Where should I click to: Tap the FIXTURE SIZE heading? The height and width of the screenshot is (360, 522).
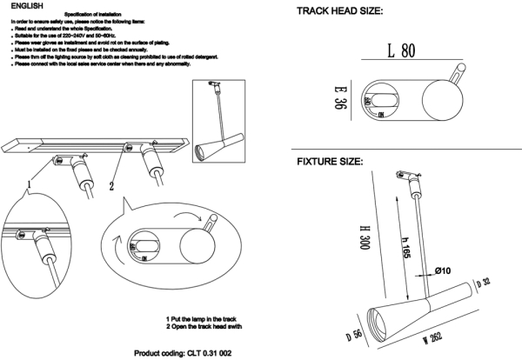point(330,163)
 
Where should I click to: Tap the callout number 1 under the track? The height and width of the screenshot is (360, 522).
point(30,183)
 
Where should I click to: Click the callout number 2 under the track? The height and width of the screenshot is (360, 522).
point(110,184)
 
